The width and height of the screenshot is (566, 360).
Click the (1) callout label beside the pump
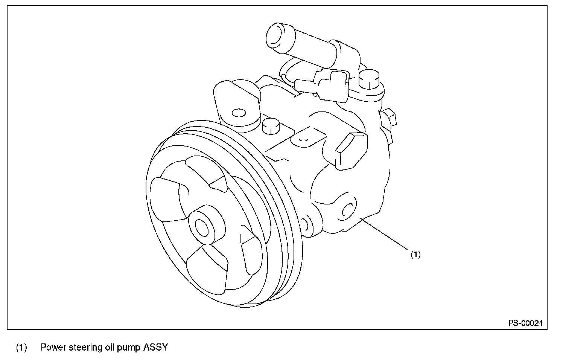[415, 255]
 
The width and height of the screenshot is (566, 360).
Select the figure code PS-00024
[525, 323]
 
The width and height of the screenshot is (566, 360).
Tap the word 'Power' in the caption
[53, 347]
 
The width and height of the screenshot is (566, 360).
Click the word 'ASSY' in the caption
[155, 347]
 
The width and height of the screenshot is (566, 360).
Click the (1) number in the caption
[21, 347]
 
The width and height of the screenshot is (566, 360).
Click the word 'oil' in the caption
[108, 347]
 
